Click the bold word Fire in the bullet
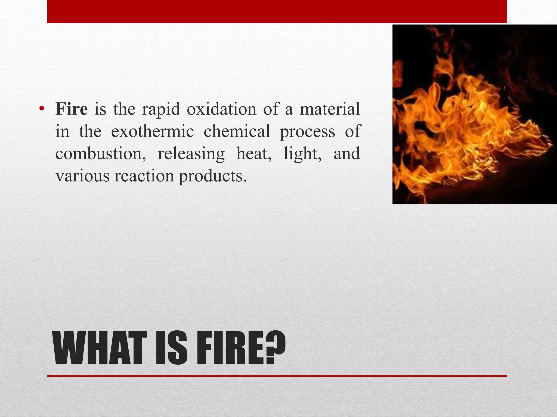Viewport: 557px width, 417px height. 72,109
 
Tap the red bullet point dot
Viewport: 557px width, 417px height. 41,109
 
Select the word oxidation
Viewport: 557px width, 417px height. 221,109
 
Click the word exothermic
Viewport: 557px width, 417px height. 152,131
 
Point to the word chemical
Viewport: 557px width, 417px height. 237,131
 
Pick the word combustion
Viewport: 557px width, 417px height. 100,154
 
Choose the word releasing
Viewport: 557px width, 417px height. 191,154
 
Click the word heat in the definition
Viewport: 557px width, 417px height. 253,154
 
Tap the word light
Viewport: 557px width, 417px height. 302,154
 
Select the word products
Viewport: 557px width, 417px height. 213,176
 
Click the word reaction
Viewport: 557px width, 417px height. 144,176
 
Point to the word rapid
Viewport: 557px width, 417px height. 161,110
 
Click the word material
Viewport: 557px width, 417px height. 330,109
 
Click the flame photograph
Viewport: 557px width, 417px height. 474,114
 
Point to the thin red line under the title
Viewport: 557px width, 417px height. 277,376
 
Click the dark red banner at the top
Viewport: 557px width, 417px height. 277,11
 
